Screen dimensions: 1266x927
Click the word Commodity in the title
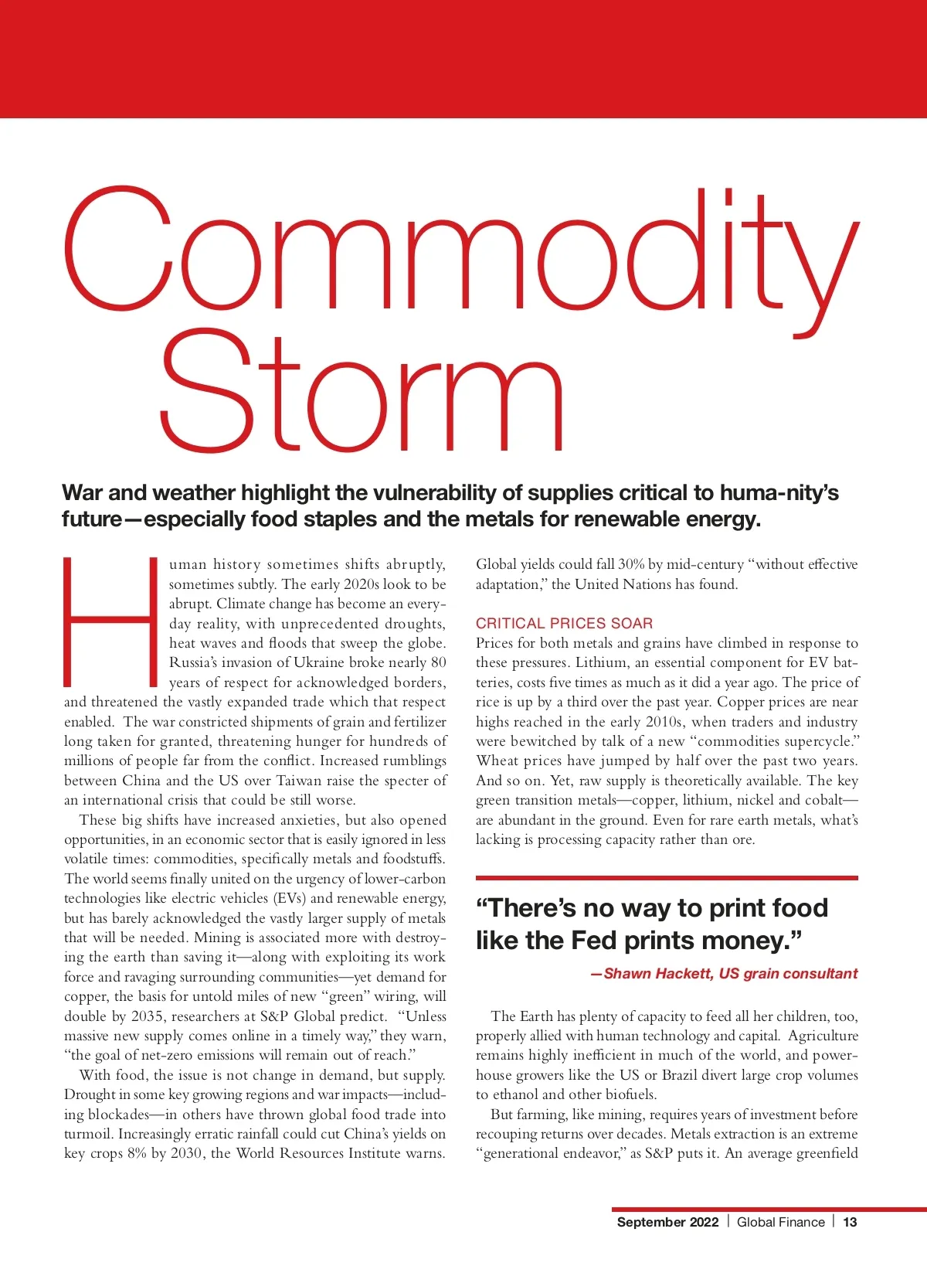click(x=460, y=251)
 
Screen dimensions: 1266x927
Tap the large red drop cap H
click(x=111, y=621)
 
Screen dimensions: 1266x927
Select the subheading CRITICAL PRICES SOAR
click(x=564, y=623)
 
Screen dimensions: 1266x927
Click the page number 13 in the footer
click(x=850, y=1222)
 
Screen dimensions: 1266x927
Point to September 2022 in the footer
click(x=667, y=1222)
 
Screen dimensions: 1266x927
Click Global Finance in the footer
click(x=780, y=1222)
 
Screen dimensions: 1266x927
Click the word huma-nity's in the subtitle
click(x=779, y=493)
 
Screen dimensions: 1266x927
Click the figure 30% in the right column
click(x=631, y=564)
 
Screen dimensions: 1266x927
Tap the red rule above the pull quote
click(x=667, y=878)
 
